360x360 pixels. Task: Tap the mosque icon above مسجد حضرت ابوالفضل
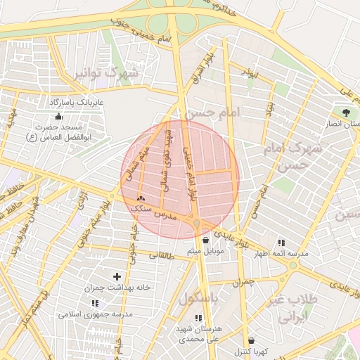[58, 116]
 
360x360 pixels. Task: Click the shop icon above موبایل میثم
[205, 240]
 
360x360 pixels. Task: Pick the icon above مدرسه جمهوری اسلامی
[95, 302]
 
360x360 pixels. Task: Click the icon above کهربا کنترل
[251, 340]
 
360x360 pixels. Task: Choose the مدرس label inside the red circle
[163, 212]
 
